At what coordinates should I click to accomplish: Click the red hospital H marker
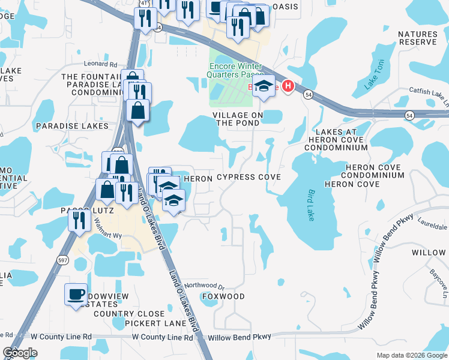tap(288, 87)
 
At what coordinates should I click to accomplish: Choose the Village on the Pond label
tap(237, 118)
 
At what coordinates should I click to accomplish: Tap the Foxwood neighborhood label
tap(223, 296)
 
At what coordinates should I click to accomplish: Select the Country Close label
tap(129, 314)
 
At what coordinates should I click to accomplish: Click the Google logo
tap(20, 353)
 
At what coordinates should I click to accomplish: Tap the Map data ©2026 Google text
tap(411, 355)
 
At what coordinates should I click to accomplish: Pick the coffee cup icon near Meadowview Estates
tap(76, 294)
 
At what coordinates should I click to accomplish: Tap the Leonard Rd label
tap(100, 64)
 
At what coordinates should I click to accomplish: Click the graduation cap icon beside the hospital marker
tap(264, 86)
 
